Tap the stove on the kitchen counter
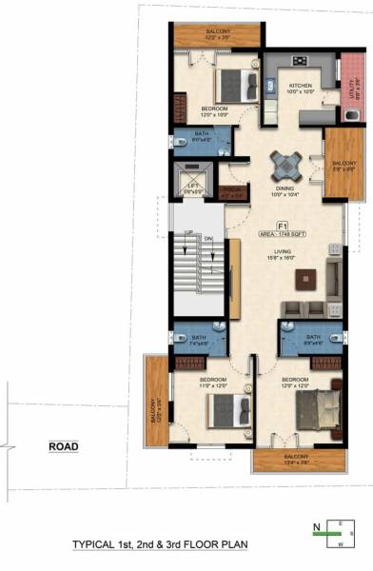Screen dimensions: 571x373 tap(300, 62)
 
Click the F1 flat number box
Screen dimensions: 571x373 tap(283, 226)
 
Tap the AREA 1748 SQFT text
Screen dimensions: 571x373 tap(283, 234)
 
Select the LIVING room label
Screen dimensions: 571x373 tap(283, 250)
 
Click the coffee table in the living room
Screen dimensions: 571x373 tap(304, 281)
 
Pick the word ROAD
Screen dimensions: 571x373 tap(65, 445)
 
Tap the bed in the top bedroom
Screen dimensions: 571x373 tap(231, 86)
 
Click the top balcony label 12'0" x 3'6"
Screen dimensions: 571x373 tap(216, 34)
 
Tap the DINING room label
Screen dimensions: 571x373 tap(285, 190)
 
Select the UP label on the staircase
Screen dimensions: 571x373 tap(188, 233)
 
